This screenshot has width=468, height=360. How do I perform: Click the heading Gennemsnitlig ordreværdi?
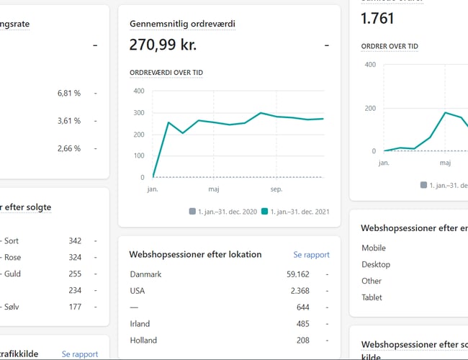click(182, 24)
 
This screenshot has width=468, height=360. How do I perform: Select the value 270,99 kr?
click(163, 45)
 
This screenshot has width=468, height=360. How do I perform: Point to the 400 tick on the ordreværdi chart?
click(138, 91)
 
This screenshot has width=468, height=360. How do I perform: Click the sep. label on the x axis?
click(276, 189)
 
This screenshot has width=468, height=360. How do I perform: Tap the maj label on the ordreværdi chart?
click(214, 189)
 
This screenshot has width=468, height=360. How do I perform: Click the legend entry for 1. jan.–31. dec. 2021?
click(295, 212)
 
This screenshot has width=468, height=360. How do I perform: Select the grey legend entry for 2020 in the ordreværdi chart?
click(222, 212)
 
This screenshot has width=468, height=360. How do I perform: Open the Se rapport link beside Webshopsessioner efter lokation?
click(311, 255)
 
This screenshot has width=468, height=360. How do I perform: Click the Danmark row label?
click(146, 274)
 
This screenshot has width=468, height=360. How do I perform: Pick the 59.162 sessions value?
click(297, 274)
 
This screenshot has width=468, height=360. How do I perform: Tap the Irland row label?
click(140, 324)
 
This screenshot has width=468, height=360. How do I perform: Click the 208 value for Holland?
click(302, 341)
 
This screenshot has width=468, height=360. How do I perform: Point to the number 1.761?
click(379, 19)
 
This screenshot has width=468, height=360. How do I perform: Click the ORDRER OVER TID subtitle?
click(389, 46)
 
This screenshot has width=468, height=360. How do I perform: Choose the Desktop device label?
click(376, 265)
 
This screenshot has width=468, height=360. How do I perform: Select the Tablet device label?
click(372, 297)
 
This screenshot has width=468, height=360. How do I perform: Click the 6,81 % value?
click(68, 94)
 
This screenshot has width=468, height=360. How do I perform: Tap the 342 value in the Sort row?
click(74, 240)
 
